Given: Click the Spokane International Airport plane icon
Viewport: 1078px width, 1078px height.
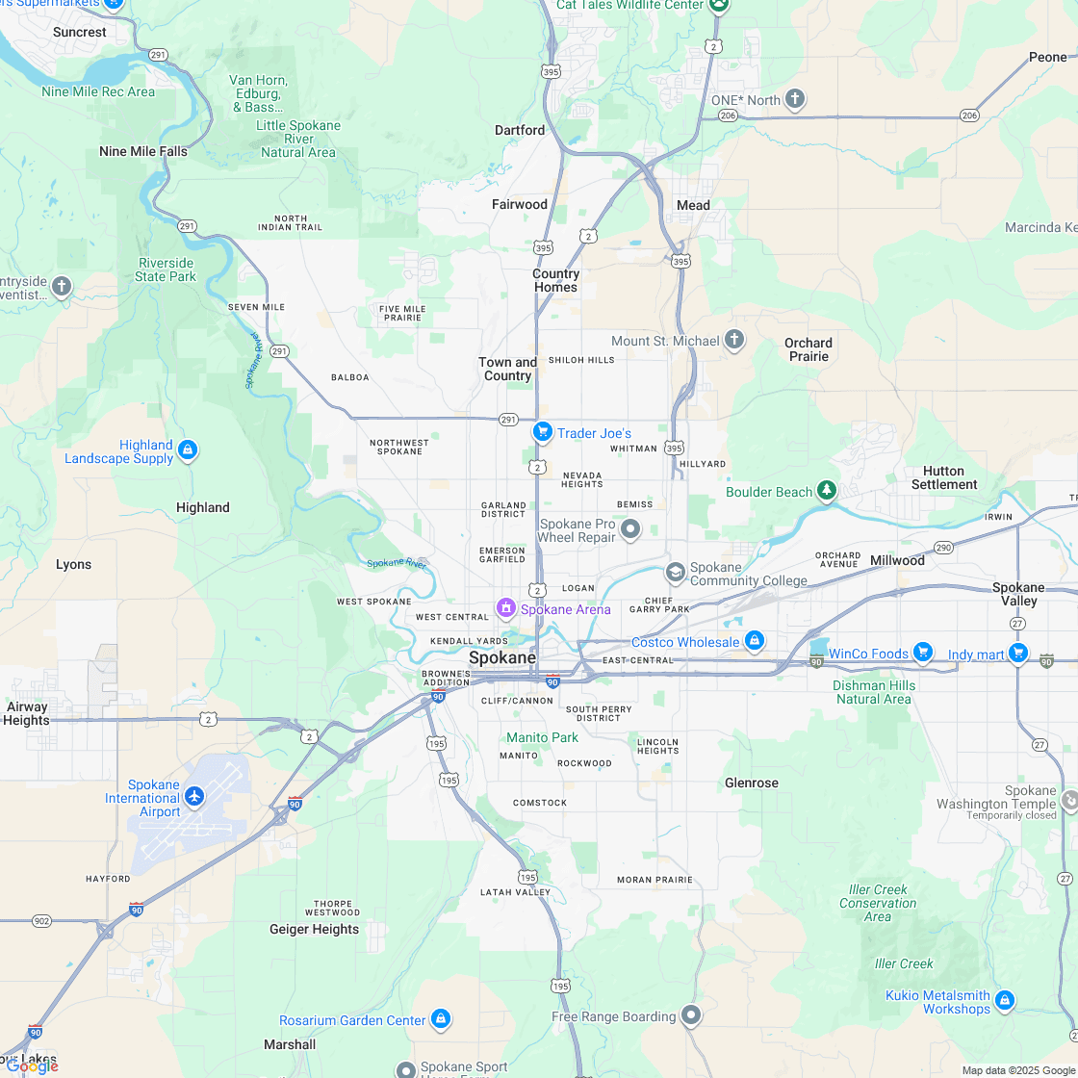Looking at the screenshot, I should [195, 796].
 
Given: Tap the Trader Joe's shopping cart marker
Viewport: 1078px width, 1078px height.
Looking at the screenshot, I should [542, 433].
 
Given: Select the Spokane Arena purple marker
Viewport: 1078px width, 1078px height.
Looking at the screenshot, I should [505, 608].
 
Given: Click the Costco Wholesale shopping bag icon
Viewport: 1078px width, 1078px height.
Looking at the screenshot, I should [754, 640].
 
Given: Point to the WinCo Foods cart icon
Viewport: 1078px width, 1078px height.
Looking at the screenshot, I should [923, 653].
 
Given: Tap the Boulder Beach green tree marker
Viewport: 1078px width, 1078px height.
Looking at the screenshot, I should [826, 491].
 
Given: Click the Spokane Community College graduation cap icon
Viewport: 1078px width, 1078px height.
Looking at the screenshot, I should [675, 574].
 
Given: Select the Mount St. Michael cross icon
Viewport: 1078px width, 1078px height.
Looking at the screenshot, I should [734, 340].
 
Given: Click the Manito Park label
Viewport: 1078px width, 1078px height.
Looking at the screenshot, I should [543, 737].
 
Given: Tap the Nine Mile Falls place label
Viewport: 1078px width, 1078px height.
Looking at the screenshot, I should [143, 151].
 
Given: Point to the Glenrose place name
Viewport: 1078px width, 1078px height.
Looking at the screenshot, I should [751, 783].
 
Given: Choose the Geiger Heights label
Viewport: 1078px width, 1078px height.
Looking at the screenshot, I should [314, 929].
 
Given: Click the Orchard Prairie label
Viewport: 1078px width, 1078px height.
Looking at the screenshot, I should [808, 349].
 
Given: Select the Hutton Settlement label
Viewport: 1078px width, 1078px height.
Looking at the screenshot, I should [943, 477].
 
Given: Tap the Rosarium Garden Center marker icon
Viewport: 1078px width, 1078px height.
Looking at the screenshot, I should [440, 1018].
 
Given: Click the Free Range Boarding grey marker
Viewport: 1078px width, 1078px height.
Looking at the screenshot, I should [691, 1014].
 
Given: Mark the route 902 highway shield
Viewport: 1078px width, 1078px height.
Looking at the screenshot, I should [41, 921].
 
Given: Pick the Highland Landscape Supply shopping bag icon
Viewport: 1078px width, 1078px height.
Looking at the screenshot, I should [188, 449].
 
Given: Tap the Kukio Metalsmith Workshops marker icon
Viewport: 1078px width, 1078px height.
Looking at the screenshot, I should [1005, 1001].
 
